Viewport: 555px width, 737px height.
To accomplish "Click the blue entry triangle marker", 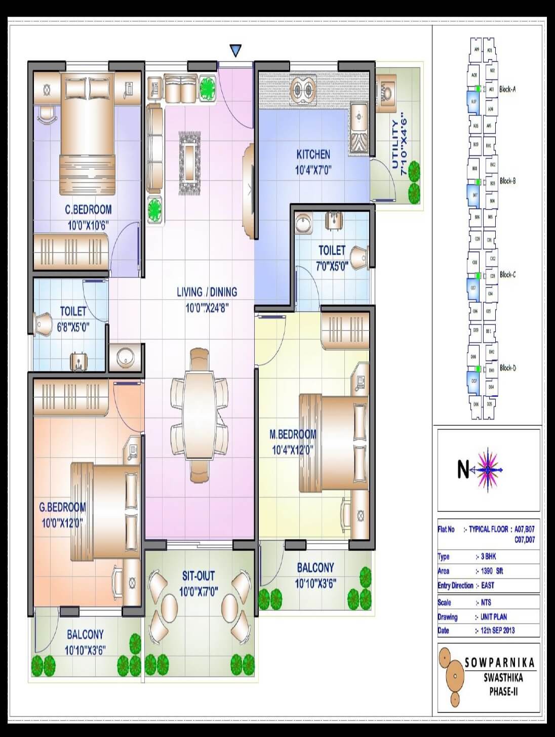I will point(235,51).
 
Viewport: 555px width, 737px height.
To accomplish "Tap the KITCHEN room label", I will point(313,154).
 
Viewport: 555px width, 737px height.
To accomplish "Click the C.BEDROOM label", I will point(88,210).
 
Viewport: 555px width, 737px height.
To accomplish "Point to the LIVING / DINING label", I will point(207,292).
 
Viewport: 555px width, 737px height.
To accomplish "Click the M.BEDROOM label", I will point(293,434).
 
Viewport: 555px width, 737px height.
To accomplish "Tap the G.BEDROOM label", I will point(63,507).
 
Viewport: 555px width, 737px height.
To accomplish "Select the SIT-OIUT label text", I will point(199,576).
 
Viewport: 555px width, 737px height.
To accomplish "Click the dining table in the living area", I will point(199,415).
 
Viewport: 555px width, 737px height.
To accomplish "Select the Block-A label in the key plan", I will point(507,89).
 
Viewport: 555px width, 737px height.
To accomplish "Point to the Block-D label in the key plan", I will point(507,368).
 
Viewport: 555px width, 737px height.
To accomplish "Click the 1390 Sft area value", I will point(492,571).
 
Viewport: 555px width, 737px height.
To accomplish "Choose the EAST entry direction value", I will point(488,586).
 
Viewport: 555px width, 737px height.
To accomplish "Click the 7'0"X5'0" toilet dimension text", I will point(331,266).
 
